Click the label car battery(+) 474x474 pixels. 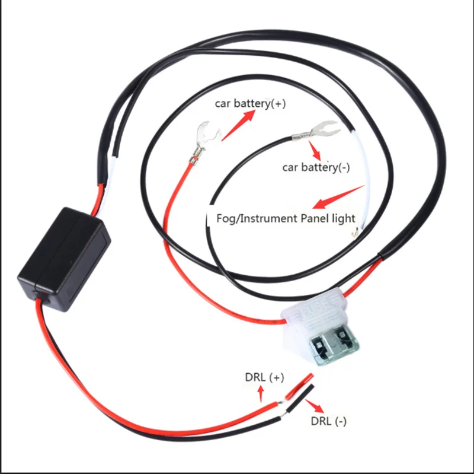(250, 103)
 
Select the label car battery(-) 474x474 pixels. (316, 167)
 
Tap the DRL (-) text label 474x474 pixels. (329, 421)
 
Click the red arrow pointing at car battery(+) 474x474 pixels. (237, 123)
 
